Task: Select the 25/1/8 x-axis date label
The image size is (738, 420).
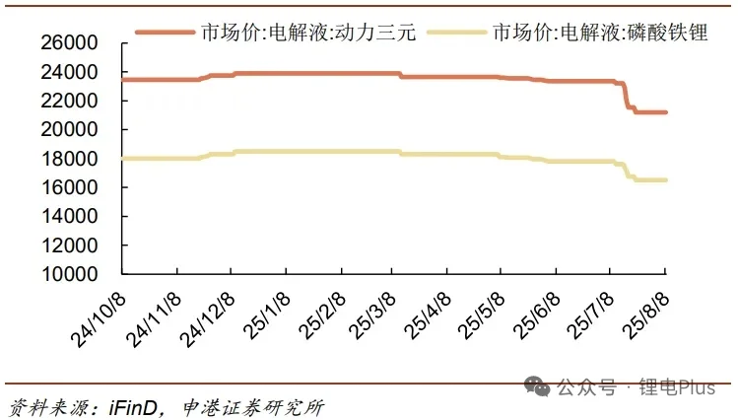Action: [x=262, y=315]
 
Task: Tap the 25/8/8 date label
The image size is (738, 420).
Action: [x=645, y=315]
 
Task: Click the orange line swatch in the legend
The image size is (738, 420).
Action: [x=163, y=32]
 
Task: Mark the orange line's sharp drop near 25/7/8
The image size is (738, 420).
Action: [x=627, y=96]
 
